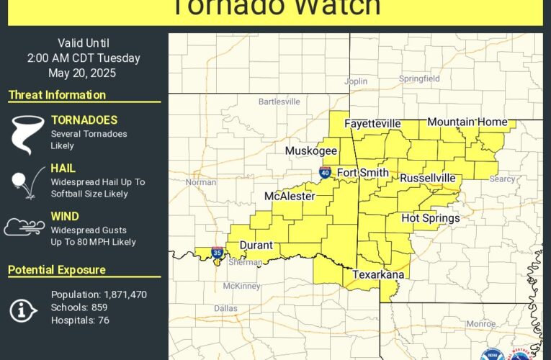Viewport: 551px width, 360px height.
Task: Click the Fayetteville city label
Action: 372,123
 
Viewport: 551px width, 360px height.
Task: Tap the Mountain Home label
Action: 467,122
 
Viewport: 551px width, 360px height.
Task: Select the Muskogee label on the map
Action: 311,150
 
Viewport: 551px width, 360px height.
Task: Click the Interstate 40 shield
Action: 326,173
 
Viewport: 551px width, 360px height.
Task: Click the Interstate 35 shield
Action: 218,253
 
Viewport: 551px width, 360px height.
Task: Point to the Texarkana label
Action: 378,274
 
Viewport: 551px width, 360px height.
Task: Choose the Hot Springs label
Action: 430,218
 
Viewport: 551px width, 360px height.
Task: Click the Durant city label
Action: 256,245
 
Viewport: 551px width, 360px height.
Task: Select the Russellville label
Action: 428,177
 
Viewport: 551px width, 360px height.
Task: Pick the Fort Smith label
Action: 363,173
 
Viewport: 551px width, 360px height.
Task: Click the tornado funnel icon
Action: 25,134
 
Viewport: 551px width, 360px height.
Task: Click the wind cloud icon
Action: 24,227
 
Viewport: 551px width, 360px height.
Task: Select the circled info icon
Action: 24,309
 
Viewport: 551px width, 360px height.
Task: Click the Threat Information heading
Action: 57,95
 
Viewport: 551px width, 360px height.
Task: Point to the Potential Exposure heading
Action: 57,270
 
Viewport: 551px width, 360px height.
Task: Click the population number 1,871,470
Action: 122,294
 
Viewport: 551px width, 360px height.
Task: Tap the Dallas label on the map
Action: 225,308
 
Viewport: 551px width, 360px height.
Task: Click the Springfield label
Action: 421,78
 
